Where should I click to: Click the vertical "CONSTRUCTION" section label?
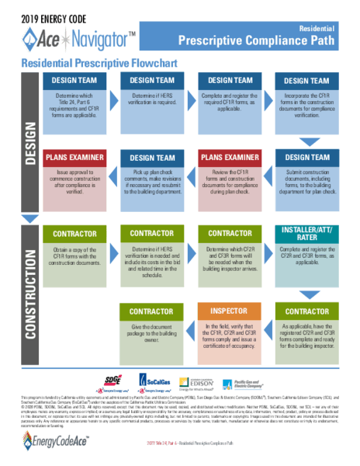pyautogui.click(x=28, y=293)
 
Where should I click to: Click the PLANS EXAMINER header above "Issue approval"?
pyautogui.click(x=75, y=158)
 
